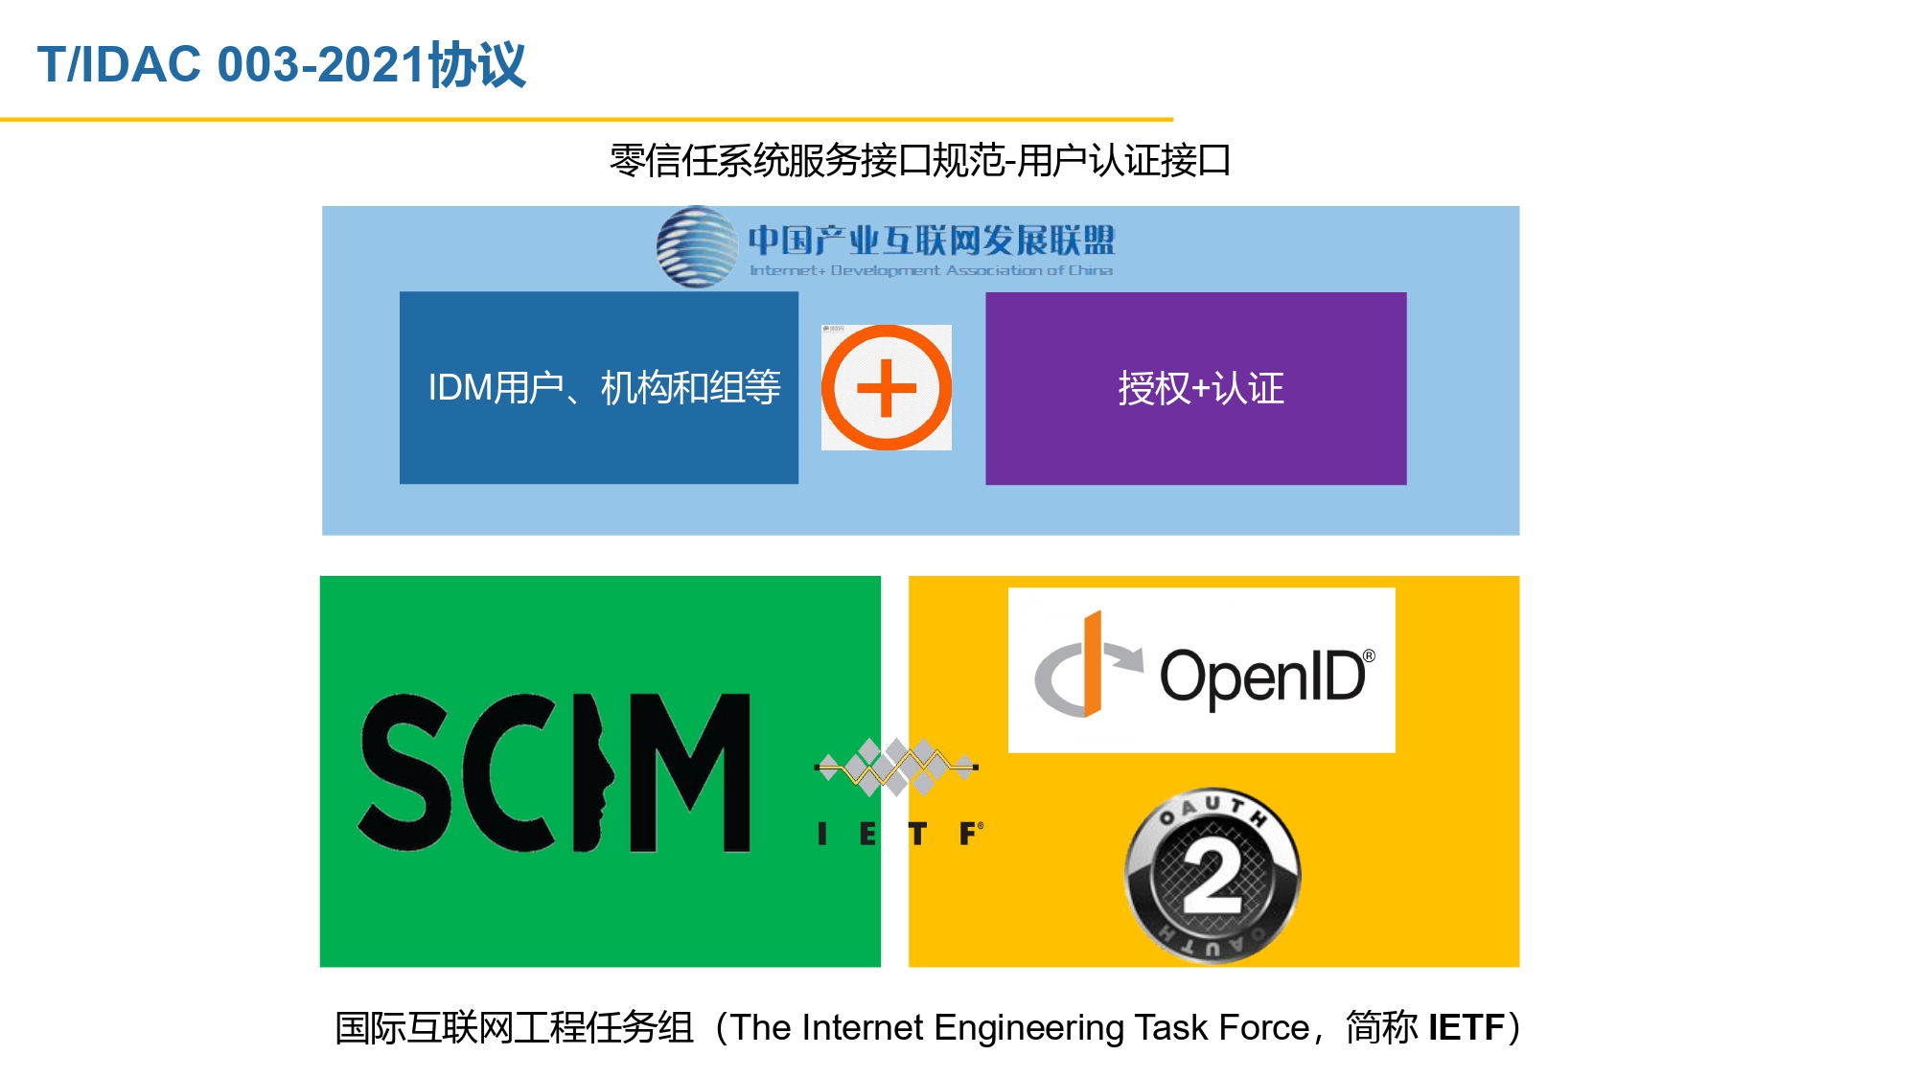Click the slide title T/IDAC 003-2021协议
[282, 65]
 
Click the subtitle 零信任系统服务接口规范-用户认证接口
[920, 160]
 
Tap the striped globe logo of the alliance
[697, 247]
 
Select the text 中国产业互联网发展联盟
[932, 240]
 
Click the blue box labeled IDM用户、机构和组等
[599, 388]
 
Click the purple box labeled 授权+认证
[1196, 388]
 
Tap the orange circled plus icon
[887, 387]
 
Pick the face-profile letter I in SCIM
[592, 772]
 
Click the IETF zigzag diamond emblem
[896, 767]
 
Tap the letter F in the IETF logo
[970, 834]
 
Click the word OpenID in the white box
[1263, 677]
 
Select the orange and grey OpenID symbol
[1088, 664]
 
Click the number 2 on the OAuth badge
[1213, 877]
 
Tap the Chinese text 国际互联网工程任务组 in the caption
[515, 1027]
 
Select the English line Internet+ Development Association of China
[931, 270]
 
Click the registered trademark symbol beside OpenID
[1369, 656]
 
